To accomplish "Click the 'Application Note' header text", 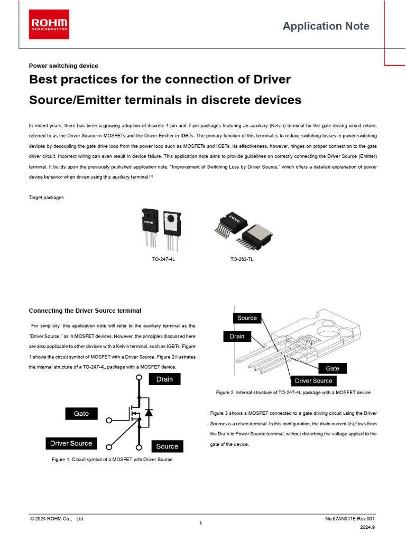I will tap(326, 26).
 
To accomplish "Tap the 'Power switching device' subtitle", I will tap(63, 66).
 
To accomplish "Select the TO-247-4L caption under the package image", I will tap(163, 260).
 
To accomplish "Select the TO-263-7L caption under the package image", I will tap(242, 260).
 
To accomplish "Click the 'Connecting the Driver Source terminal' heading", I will tap(85, 310).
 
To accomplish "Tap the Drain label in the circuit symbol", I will tap(164, 379).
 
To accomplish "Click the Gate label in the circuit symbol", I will tap(81, 414).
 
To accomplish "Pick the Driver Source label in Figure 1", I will tap(71, 443).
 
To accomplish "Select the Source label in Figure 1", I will tap(167, 446).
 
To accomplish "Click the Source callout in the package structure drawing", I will tap(247, 318).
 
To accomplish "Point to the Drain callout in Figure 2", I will tap(237, 337).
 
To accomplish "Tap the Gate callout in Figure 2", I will tap(333, 368).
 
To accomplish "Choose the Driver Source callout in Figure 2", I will tap(313, 381).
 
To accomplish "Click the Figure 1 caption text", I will tap(112, 460).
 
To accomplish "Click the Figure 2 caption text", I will tap(293, 393).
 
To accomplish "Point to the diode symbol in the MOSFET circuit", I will tap(149, 412).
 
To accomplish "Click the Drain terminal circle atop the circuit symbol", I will tap(139, 378).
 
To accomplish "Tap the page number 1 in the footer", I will tap(201, 524).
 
